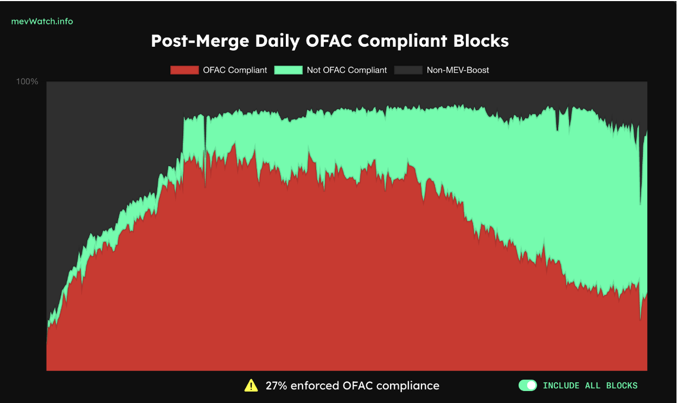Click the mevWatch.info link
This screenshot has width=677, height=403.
tap(42, 22)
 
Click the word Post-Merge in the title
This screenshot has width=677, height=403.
tap(200, 41)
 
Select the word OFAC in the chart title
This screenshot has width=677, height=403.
tap(329, 41)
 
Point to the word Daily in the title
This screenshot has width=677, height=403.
tap(277, 41)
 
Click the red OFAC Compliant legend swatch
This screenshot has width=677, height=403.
tap(184, 70)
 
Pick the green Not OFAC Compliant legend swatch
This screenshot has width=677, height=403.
tap(289, 70)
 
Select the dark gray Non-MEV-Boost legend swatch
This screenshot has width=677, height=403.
tap(408, 70)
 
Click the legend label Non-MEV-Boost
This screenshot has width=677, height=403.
tap(458, 70)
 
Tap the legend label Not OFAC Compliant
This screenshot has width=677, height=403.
tap(347, 70)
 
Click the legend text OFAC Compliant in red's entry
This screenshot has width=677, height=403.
tap(235, 70)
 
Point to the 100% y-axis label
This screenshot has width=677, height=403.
tap(27, 81)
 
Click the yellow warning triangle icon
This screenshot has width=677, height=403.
tap(251, 386)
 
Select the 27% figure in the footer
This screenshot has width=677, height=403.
tap(276, 386)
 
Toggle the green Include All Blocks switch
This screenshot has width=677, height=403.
tap(528, 386)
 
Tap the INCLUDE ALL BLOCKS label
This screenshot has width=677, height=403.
tap(590, 386)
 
